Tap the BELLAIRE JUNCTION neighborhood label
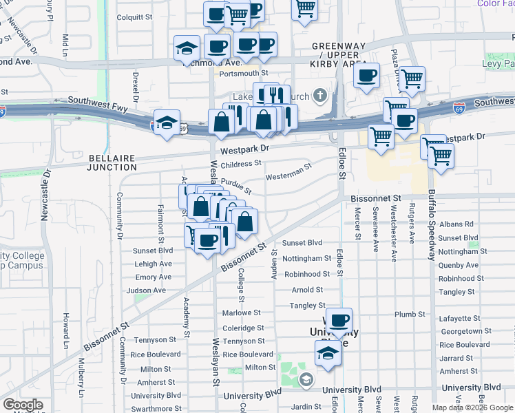(113, 162)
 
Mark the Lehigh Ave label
(153, 264)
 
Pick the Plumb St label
(410, 314)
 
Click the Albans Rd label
(456, 224)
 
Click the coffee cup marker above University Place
(339, 320)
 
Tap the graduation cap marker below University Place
(328, 354)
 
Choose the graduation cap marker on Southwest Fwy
(167, 123)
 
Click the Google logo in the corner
(23, 405)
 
